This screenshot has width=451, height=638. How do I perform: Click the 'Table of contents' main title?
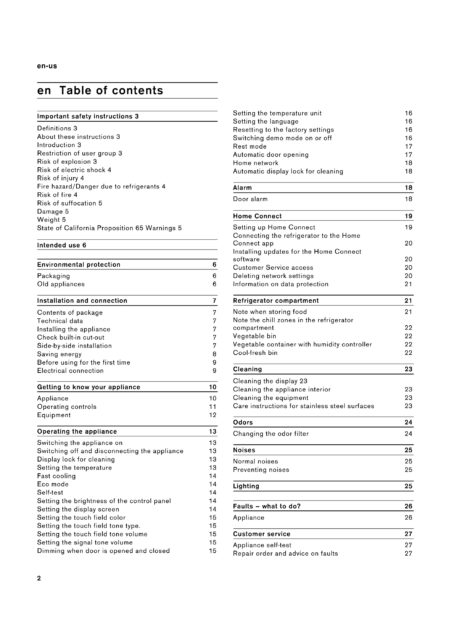point(111,91)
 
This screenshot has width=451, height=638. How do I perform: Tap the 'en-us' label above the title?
point(47,66)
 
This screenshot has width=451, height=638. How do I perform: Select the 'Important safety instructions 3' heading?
point(88,116)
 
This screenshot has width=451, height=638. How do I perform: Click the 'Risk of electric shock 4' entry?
point(74,170)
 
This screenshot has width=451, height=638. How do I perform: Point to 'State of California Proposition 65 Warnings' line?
point(109,228)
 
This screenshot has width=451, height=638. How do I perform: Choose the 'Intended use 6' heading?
point(62,245)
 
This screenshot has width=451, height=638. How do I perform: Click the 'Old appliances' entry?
point(61,284)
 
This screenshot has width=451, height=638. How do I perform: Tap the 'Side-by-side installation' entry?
point(74,346)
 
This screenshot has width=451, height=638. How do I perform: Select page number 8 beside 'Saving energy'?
point(214,354)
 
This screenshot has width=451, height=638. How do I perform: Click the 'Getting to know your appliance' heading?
point(89,387)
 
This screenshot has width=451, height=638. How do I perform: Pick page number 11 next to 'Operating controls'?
point(212,407)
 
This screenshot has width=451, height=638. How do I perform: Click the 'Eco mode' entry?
point(53,484)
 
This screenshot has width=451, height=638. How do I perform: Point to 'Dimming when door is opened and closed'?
point(103,551)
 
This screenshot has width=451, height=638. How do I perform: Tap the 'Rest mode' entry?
point(250,146)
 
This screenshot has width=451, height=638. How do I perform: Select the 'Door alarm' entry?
point(250,199)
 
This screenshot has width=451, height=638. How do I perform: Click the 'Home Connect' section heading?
point(257,216)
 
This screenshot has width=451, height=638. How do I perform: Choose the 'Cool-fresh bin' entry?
point(255,353)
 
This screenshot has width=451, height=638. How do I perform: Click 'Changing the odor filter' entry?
point(271,434)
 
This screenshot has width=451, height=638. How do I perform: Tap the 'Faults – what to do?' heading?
point(267,506)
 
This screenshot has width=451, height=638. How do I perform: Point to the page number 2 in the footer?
point(39,578)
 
